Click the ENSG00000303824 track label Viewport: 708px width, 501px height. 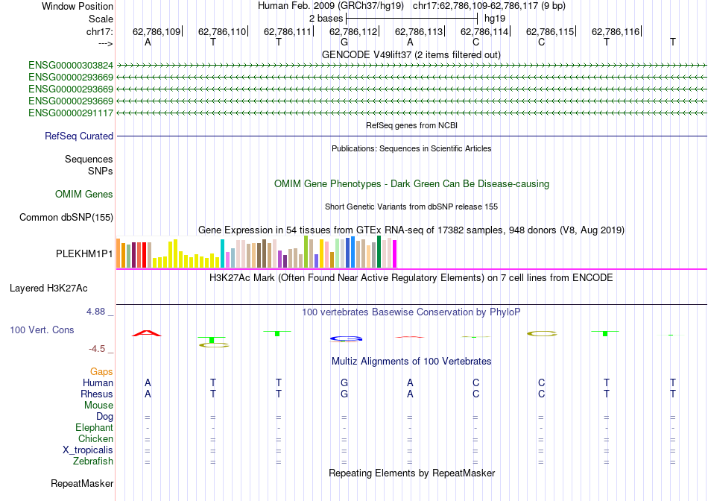[x=71, y=66]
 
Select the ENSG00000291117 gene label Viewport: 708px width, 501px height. [x=71, y=113]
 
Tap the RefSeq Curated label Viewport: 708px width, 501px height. [x=79, y=136]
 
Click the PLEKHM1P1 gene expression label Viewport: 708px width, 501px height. [x=84, y=253]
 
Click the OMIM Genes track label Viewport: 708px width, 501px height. [x=84, y=195]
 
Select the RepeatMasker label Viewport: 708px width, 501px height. [x=82, y=484]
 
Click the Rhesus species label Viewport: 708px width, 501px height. [x=97, y=394]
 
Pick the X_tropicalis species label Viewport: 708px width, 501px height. [x=88, y=450]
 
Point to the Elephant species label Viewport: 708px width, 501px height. [x=94, y=428]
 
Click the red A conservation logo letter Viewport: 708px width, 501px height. [x=147, y=333]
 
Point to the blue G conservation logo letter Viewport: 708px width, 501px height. [x=345, y=338]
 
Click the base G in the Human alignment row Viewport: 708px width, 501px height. [x=344, y=382]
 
